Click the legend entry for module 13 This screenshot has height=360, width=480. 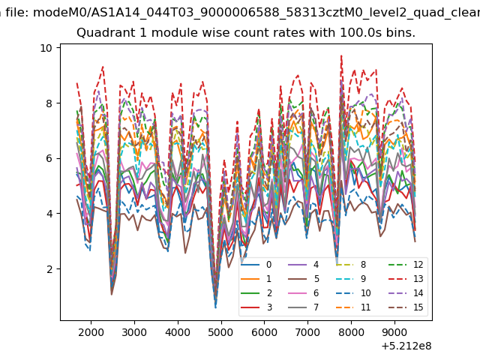(x=406, y=279)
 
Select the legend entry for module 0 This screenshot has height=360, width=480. (x=256, y=265)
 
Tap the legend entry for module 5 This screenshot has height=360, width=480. (x=304, y=279)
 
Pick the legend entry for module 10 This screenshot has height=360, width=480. (x=353, y=293)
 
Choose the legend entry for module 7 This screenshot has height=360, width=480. (x=304, y=307)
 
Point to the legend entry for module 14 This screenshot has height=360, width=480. (x=406, y=293)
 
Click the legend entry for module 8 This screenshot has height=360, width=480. (x=351, y=265)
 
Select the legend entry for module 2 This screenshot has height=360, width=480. (x=256, y=293)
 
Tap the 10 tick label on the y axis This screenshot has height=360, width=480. (x=46, y=48)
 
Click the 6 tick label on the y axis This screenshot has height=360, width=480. (x=49, y=158)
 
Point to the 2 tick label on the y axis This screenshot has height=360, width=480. (x=49, y=269)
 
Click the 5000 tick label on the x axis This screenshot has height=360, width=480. (x=220, y=332)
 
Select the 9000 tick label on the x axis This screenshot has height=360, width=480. (x=394, y=332)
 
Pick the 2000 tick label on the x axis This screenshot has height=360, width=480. (x=91, y=332)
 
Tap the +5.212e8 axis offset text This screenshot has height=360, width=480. (x=406, y=346)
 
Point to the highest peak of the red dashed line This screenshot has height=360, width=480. (x=341, y=55)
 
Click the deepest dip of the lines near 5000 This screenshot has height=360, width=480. (x=215, y=307)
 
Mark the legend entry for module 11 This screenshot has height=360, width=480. (x=353, y=307)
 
